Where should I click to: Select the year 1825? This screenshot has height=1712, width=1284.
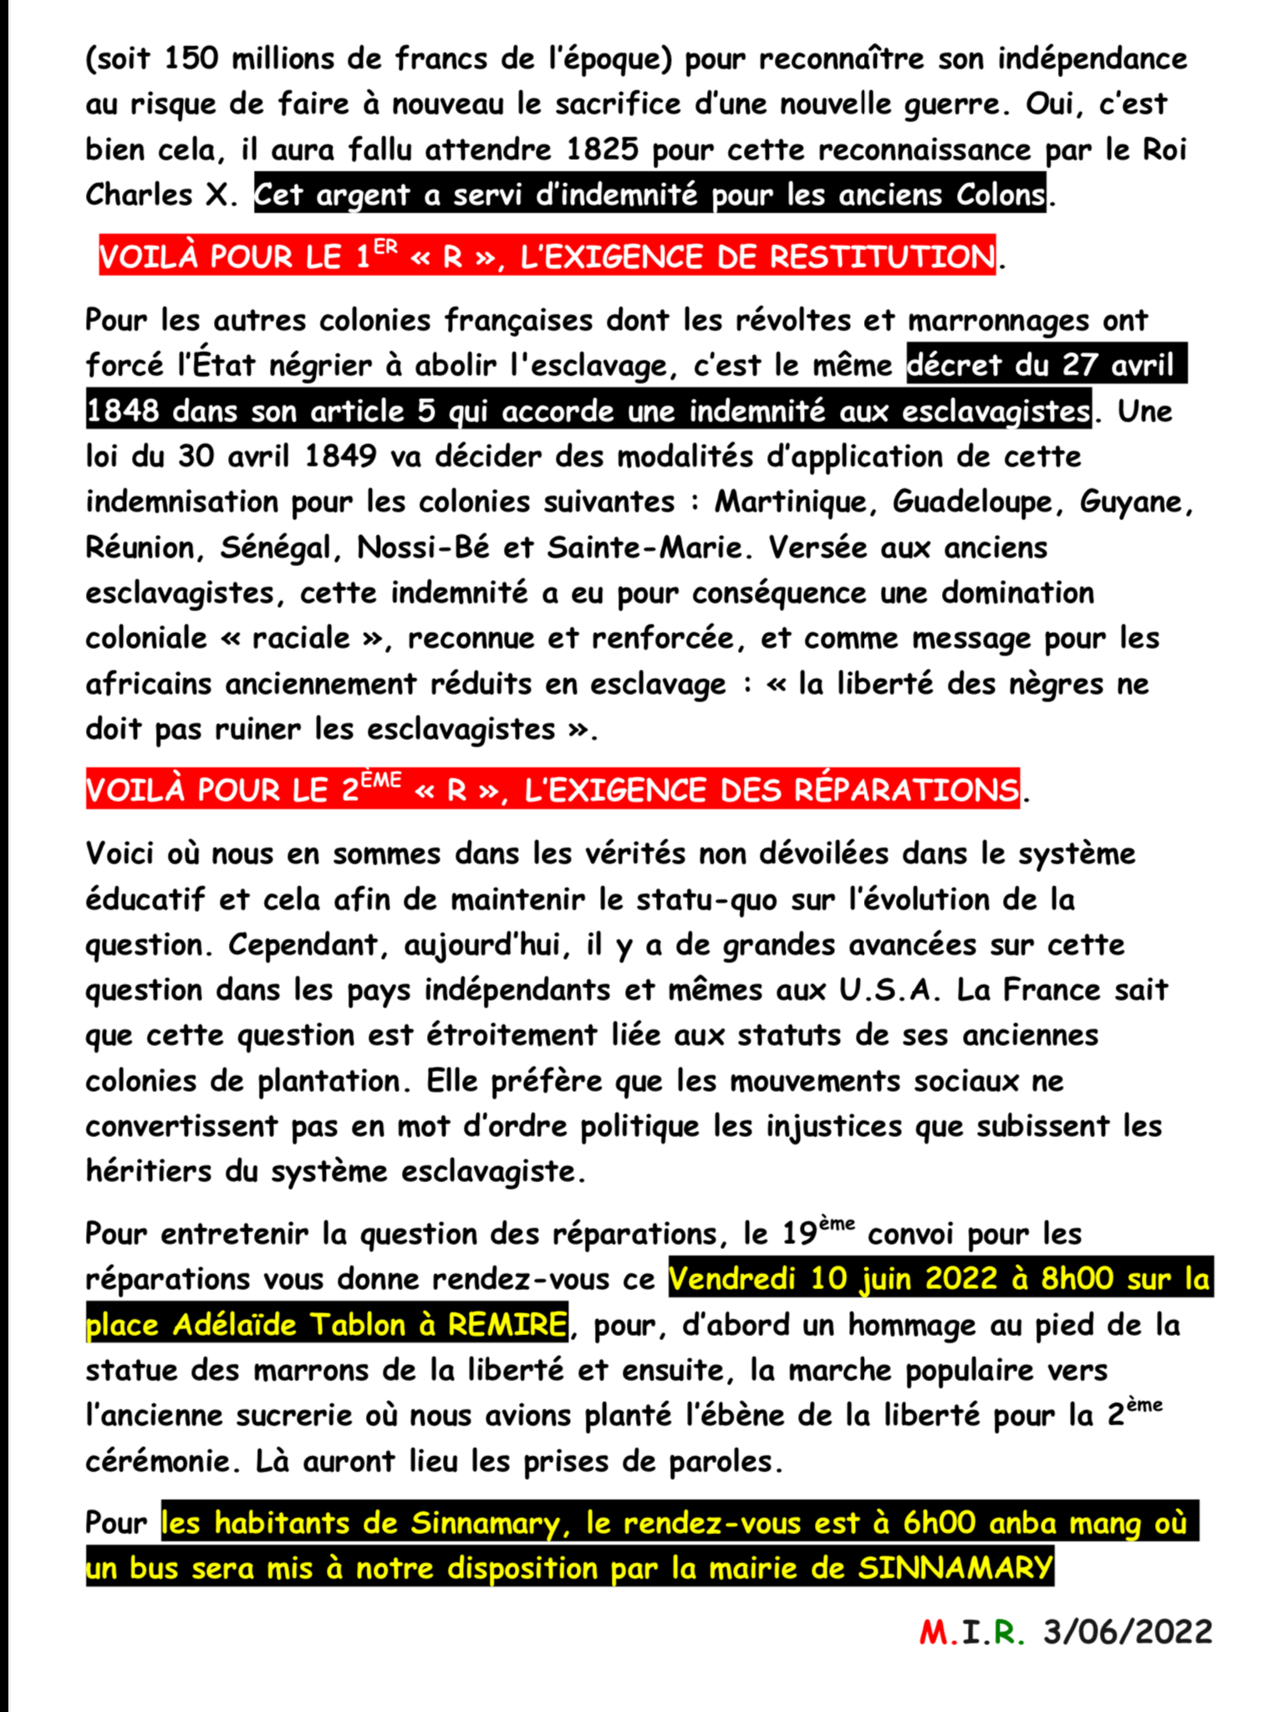click(x=602, y=149)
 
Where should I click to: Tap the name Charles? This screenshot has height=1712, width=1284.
click(x=138, y=195)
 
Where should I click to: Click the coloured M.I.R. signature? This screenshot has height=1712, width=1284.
click(x=971, y=1631)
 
